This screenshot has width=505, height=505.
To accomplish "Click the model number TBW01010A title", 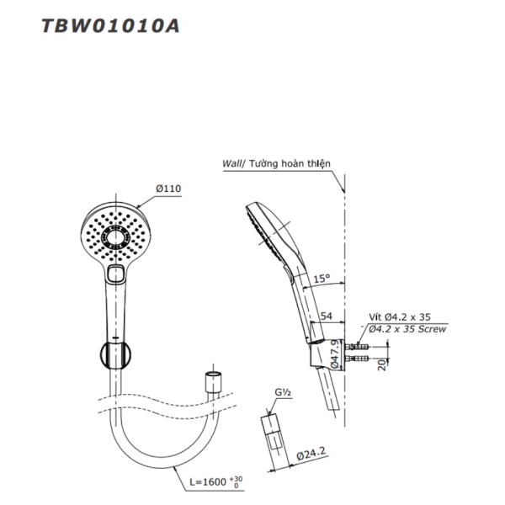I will pyautogui.click(x=109, y=24).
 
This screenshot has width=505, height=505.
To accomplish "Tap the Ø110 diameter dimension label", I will pyautogui.click(x=167, y=189).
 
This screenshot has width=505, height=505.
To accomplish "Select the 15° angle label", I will pyautogui.click(x=322, y=279).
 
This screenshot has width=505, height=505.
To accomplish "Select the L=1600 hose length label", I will pyautogui.click(x=210, y=484).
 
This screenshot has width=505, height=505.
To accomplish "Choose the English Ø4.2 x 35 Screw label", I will pyautogui.click(x=405, y=329).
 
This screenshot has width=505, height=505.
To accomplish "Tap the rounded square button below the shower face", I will pyautogui.click(x=117, y=273).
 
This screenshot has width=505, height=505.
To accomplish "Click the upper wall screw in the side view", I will pyautogui.click(x=359, y=346).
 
